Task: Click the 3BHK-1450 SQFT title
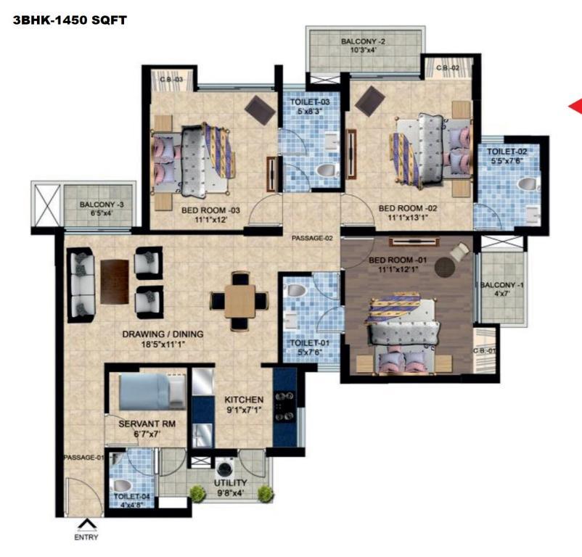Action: (x=70, y=20)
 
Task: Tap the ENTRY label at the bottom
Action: (x=86, y=537)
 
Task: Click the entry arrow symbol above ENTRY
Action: (x=87, y=524)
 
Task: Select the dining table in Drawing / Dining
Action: (x=239, y=301)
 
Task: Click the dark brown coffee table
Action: (x=115, y=282)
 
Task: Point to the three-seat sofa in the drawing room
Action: (x=81, y=285)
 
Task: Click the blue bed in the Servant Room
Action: (x=152, y=392)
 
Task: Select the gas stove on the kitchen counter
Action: (x=284, y=406)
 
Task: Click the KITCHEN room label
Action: (x=244, y=400)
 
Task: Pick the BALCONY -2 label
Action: (x=363, y=41)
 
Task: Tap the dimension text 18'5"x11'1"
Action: (x=163, y=344)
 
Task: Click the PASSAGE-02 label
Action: (x=312, y=238)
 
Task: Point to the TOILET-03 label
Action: (x=310, y=102)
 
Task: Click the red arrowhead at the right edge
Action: (x=575, y=107)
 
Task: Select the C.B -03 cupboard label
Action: (x=171, y=79)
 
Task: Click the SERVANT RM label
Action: (x=147, y=424)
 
